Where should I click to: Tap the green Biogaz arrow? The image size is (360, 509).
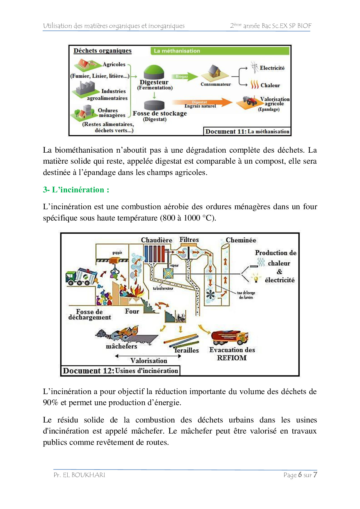click(184, 77)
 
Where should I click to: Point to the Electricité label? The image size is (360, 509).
click(272, 68)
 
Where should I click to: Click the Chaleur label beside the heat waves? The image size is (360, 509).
click(270, 85)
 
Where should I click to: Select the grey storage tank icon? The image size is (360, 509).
click(154, 105)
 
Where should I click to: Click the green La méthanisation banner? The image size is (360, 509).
click(220, 51)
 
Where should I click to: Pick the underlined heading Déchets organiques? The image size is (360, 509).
click(102, 51)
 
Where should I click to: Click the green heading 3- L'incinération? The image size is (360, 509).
click(76, 190)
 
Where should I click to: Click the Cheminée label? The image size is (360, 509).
click(241, 240)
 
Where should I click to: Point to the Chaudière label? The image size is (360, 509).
click(156, 240)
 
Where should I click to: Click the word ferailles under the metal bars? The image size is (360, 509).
click(187, 351)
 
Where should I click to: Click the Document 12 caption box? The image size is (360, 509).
click(120, 371)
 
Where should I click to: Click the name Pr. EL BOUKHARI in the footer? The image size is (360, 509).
click(79, 475)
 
